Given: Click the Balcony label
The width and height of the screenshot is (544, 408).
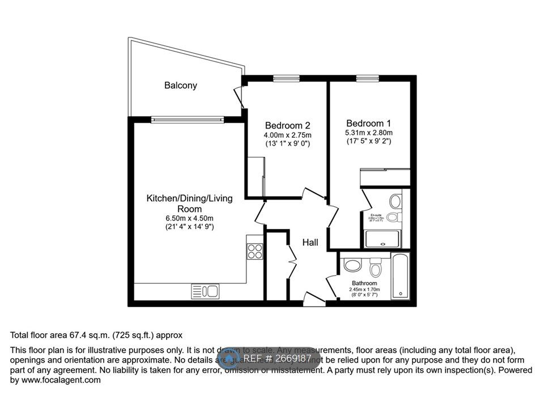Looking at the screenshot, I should (x=181, y=86).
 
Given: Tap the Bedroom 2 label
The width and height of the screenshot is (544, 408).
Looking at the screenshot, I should (x=287, y=125).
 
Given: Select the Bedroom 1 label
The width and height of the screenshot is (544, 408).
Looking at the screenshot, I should (x=368, y=123).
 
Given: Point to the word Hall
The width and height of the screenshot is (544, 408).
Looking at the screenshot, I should (x=310, y=243).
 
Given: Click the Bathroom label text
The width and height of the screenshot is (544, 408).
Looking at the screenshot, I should (x=364, y=283).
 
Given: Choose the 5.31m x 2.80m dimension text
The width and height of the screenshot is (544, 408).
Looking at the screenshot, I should (x=368, y=133).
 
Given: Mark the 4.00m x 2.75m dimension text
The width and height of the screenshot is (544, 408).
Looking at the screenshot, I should (x=287, y=135).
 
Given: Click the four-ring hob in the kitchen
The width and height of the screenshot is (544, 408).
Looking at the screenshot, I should (x=255, y=250).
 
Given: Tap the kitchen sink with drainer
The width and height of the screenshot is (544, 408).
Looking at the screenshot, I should (x=206, y=291).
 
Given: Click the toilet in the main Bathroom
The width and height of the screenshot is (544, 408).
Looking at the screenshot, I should (x=375, y=267).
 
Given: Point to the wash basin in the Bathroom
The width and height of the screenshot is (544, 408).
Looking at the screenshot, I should (x=352, y=265).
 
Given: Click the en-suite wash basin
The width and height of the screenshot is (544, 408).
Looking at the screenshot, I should (x=396, y=201).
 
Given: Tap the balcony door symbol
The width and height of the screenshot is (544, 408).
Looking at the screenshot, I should (x=240, y=96).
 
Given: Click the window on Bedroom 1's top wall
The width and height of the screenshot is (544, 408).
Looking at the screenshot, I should (x=363, y=79).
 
